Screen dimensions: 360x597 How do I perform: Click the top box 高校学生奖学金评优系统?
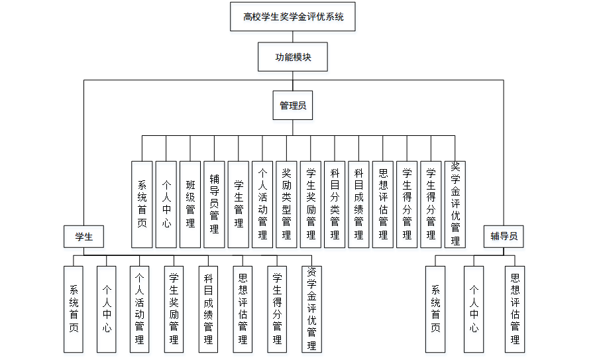pos(293,17)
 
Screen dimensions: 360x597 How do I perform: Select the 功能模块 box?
pos(293,57)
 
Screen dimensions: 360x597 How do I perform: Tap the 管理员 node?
pos(293,105)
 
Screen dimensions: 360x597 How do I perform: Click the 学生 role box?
pos(83,237)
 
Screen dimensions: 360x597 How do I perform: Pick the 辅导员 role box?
pos(504,237)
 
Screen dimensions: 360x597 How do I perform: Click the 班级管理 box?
pos(190,204)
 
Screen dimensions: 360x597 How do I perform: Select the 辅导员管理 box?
pos(214,204)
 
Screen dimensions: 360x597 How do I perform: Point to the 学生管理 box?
pos(239,204)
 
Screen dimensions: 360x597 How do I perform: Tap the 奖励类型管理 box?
pos(286,204)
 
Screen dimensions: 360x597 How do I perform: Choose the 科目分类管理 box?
pos(335,204)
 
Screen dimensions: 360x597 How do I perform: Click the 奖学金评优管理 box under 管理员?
pos(455,204)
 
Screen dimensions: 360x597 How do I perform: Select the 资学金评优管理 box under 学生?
pos(311,309)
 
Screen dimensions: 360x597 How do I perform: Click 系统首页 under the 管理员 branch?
pos(142,204)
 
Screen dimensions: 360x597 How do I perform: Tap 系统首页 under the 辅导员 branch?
pos(436,309)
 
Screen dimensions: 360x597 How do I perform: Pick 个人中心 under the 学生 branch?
pos(107,309)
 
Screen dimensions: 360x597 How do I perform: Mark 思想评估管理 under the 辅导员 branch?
pos(515,309)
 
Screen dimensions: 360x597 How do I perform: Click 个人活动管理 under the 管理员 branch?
pos(262,204)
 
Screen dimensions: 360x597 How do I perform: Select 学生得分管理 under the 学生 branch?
pos(277,309)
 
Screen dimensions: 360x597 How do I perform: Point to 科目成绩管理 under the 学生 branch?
pos(208,309)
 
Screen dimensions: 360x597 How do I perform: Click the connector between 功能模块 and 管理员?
pos(293,81)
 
